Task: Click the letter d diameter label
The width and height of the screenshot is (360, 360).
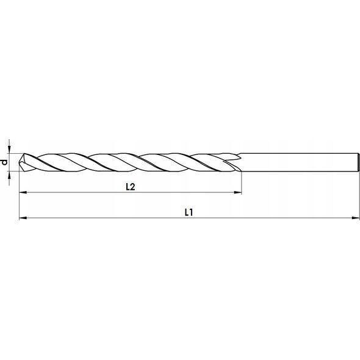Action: coord(5,162)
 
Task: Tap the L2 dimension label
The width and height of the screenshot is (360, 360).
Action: coord(131,187)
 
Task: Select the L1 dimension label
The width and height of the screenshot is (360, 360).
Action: coord(189,212)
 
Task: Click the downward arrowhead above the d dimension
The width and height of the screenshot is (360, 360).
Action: coord(9,149)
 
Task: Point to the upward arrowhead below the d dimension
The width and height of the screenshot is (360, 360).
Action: coord(9,175)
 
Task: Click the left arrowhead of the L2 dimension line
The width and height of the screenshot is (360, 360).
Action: coord(23,192)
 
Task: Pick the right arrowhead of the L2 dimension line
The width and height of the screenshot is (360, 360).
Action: coord(237,192)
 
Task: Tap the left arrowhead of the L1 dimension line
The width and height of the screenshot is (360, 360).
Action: coord(23,218)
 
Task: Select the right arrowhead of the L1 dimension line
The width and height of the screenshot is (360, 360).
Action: coord(356,218)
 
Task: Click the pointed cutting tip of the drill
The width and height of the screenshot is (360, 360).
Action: coord(20,162)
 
